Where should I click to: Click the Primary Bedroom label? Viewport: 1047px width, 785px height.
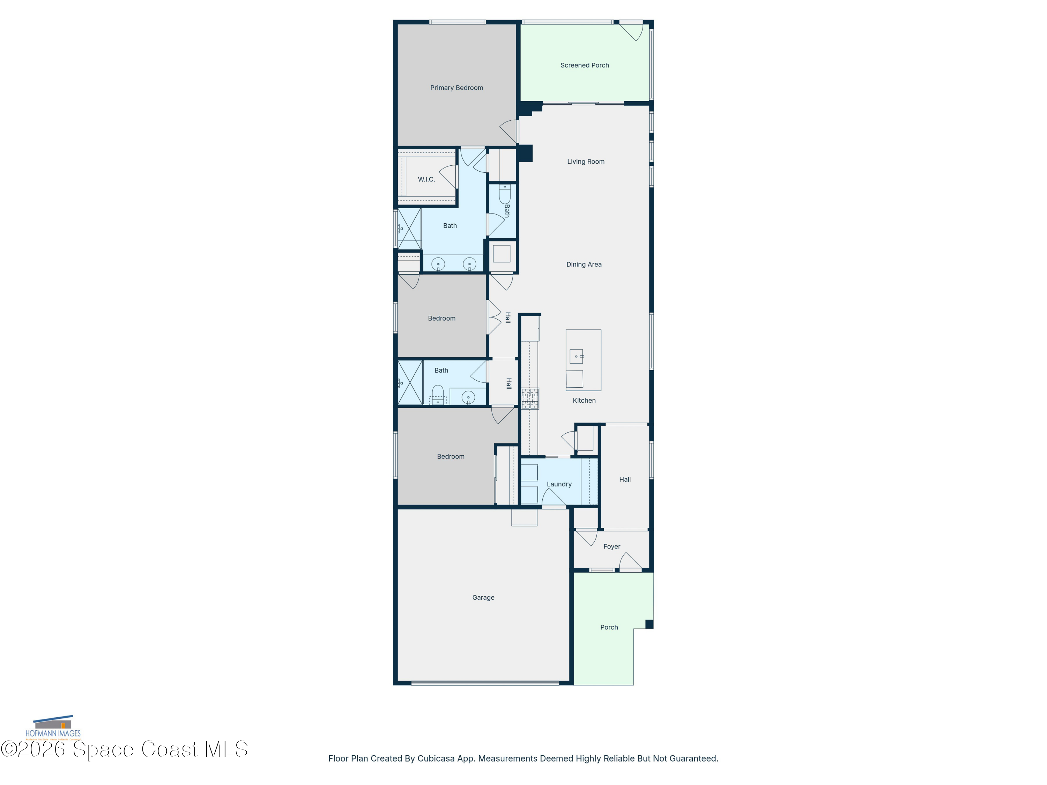(456, 88)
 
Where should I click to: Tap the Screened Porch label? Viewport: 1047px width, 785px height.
(584, 65)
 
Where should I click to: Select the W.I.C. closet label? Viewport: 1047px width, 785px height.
(426, 179)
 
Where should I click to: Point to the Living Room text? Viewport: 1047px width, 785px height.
(586, 161)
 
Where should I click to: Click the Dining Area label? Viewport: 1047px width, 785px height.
(584, 264)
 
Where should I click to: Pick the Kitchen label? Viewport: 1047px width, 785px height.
(584, 400)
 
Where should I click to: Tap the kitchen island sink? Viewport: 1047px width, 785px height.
(576, 356)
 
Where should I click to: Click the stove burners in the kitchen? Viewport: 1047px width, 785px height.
(530, 398)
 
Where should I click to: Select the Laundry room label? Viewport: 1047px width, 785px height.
(559, 484)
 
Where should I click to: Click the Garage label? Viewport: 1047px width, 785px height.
(483, 598)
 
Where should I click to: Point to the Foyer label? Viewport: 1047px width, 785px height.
(611, 546)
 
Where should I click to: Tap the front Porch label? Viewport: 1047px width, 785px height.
(609, 627)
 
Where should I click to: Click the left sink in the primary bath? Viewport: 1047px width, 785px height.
(438, 264)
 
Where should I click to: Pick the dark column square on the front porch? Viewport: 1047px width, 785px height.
(649, 624)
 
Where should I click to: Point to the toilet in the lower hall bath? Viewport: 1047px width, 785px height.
(438, 394)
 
